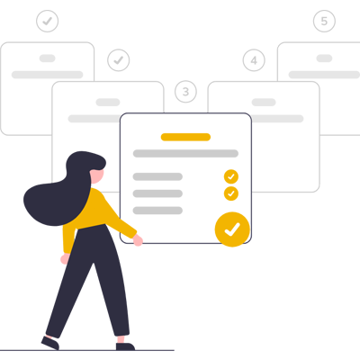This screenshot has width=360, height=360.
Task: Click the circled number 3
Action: tap(185, 92)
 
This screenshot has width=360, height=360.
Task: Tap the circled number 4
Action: tap(254, 60)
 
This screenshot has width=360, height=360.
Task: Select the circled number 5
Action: tap(324, 21)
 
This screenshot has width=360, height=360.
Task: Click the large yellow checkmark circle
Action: tap(232, 229)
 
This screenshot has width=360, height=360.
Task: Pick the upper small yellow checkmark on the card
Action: tap(231, 176)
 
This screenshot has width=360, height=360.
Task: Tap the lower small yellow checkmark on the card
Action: tap(231, 193)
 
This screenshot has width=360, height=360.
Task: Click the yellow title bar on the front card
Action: tap(185, 137)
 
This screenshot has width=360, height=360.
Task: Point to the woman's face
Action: tap(97, 175)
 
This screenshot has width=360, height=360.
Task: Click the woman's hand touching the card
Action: tap(138, 240)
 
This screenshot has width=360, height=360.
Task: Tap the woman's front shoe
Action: tap(125, 346)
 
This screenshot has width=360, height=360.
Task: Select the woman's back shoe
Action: tap(50, 343)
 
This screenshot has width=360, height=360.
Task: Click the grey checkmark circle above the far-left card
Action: tap(48, 21)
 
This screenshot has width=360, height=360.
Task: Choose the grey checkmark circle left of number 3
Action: tap(119, 60)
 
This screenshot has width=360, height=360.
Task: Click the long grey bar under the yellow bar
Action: tap(185, 154)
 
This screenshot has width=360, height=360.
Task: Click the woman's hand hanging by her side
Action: tap(65, 259)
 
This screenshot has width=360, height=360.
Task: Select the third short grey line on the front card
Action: tap(157, 211)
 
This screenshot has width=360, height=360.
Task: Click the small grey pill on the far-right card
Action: tap(324, 58)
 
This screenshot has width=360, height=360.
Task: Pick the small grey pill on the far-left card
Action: tap(48, 58)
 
